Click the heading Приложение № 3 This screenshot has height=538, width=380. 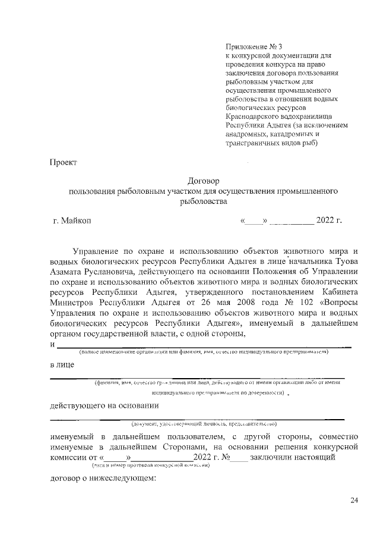(249, 46)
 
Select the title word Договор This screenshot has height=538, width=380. (203, 181)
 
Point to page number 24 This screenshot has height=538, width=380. (354, 501)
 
